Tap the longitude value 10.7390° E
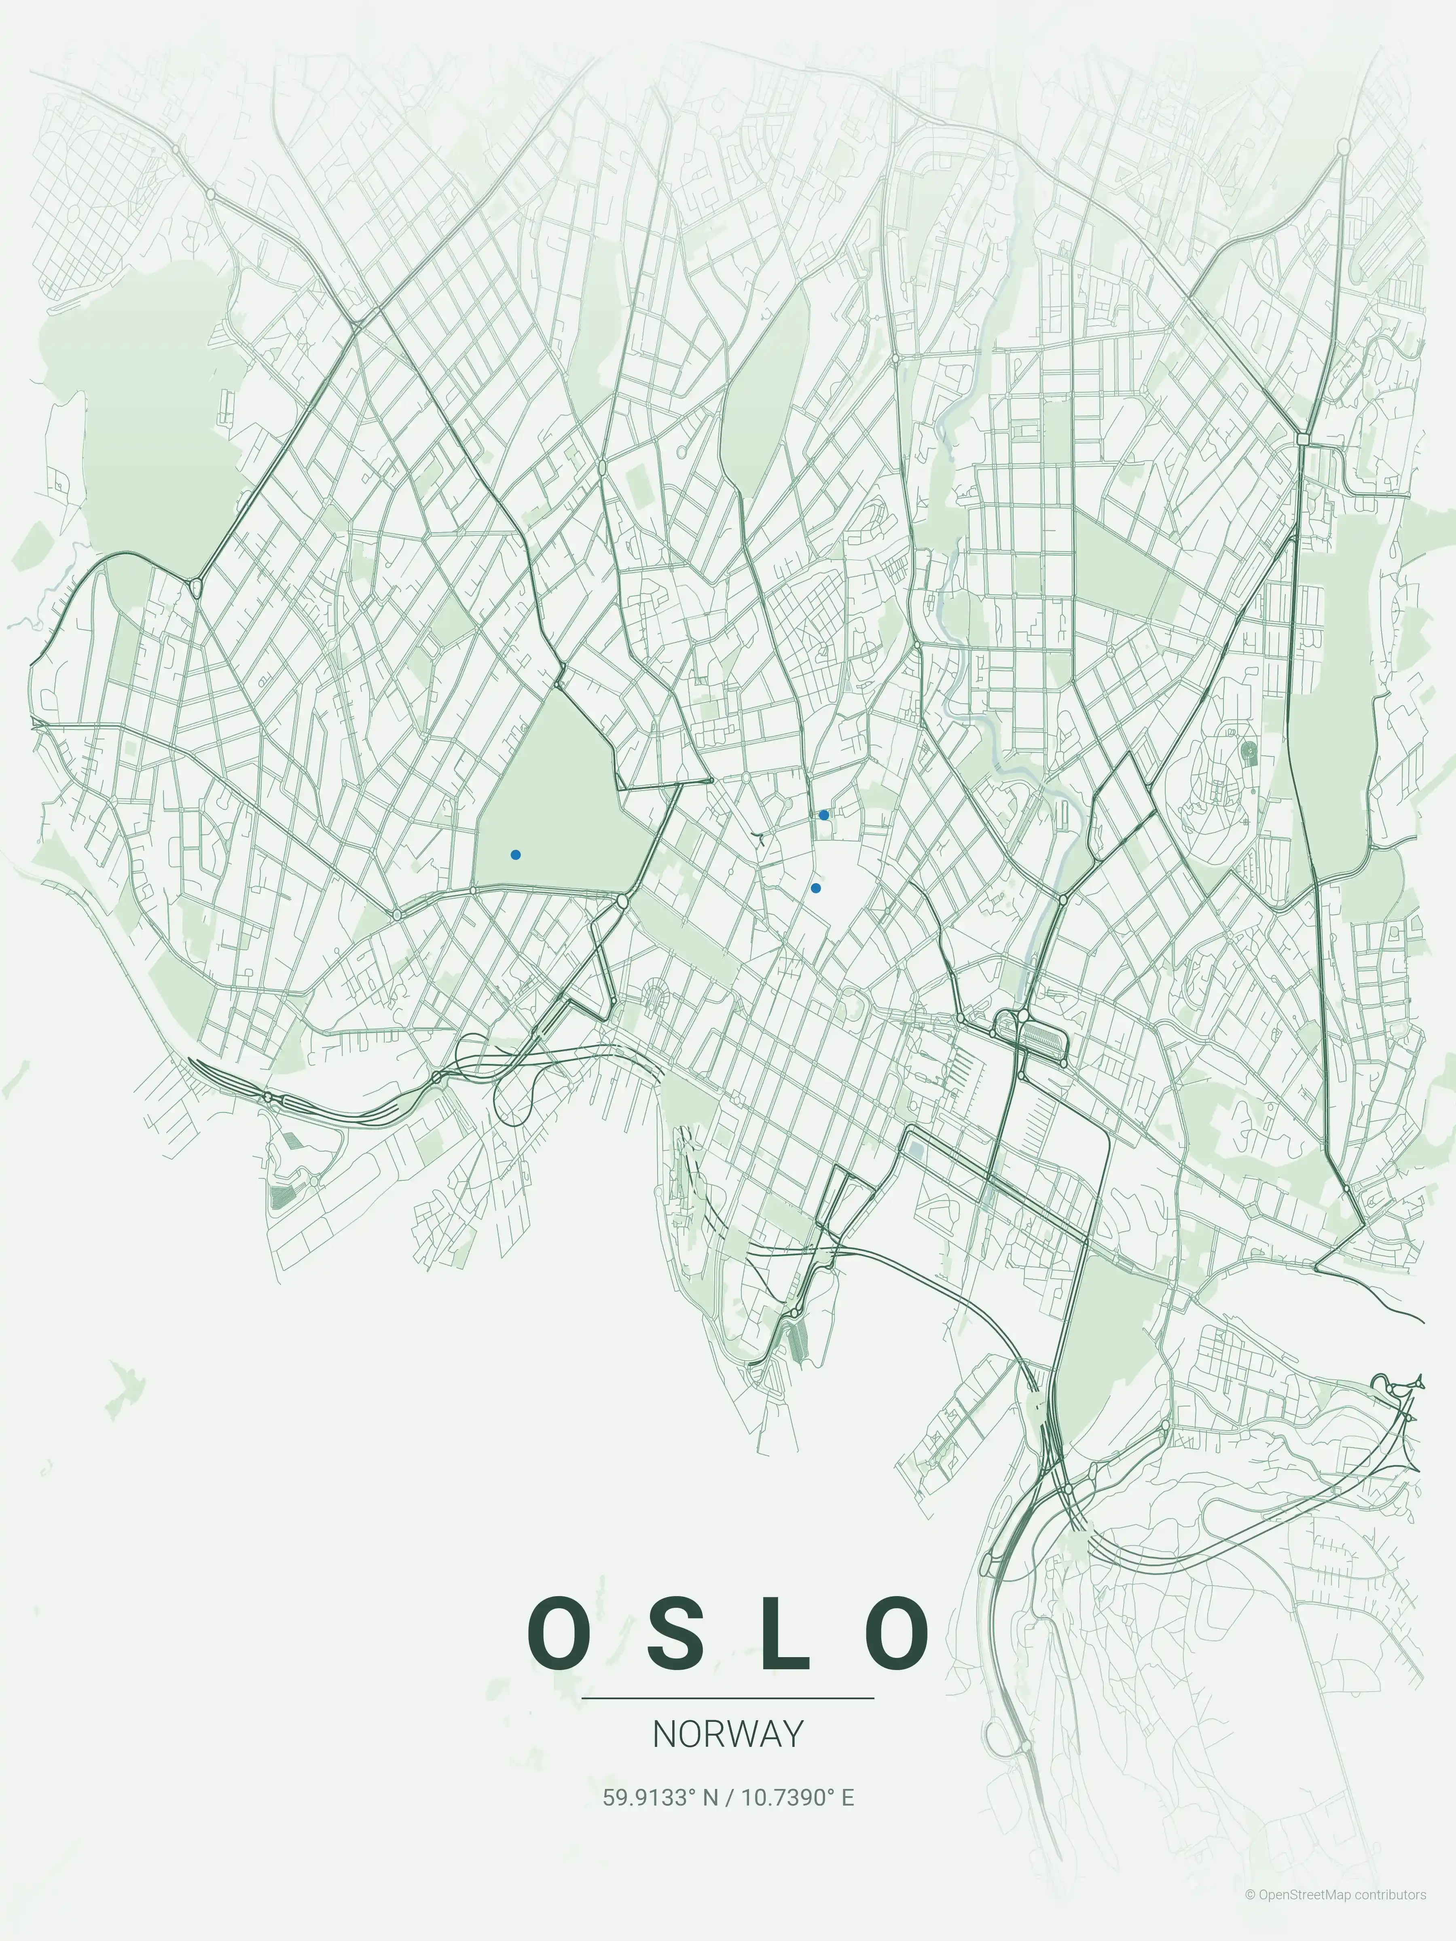coord(798,1798)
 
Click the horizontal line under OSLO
coord(728,1698)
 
